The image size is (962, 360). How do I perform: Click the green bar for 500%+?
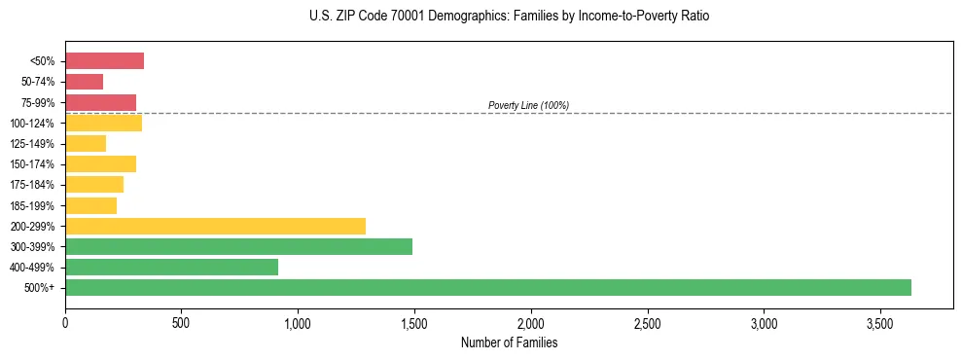pos(487,287)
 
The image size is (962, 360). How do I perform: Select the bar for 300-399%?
pos(238,246)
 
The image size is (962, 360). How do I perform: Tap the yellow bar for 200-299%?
pos(215,226)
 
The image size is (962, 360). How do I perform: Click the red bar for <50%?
pos(104,61)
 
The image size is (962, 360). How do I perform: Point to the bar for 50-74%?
pos(84,82)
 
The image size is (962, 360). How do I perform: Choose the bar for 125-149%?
pos(86,144)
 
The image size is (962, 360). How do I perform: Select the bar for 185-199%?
pos(90,205)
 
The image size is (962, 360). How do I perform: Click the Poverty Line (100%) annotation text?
pos(528,105)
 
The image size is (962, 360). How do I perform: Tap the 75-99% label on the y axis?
pos(39,102)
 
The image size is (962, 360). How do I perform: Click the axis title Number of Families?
pos(509,342)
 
